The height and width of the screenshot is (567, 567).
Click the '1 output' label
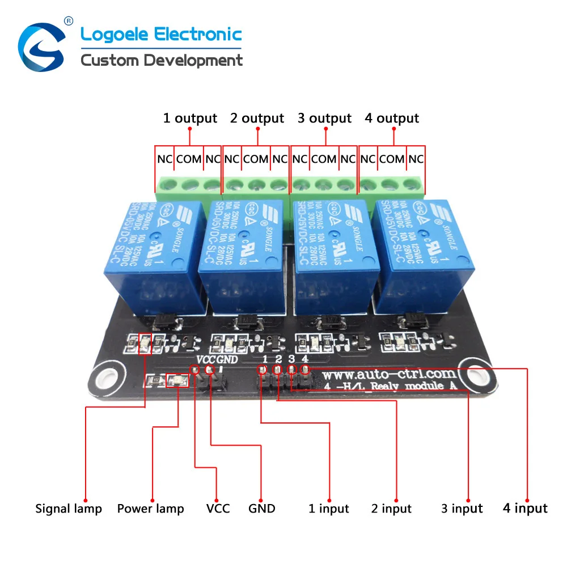[x=190, y=119]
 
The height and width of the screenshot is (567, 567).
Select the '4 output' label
[x=392, y=119]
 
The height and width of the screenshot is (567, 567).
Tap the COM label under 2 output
[x=256, y=159]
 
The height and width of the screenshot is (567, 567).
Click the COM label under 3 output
[x=324, y=159]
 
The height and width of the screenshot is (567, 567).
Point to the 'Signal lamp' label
[x=69, y=509]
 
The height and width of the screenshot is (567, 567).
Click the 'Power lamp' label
[x=150, y=509]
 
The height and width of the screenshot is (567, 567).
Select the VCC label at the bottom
[x=218, y=509]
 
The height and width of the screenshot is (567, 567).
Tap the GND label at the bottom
[x=261, y=509]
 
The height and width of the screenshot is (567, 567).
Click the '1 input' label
[x=329, y=509]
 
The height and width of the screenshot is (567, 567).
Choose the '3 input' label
[x=462, y=509]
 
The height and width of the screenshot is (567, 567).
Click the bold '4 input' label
[x=526, y=508]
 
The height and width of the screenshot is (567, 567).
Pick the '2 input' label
[x=391, y=509]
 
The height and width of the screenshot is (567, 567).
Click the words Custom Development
[x=162, y=60]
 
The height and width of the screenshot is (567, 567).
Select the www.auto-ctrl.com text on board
[x=390, y=374]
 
